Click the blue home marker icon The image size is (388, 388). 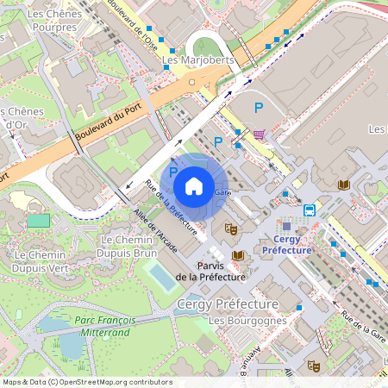click(194, 185)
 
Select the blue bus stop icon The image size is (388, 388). click(310, 210)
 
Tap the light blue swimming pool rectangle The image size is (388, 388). click(160, 276)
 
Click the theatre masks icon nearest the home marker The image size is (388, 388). click(231, 228)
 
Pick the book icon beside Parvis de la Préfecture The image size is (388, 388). click(238, 255)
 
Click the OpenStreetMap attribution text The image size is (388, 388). click(86, 382)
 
